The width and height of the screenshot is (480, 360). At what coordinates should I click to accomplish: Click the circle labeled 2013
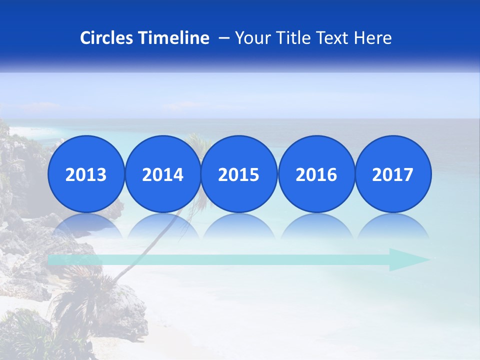click(x=86, y=174)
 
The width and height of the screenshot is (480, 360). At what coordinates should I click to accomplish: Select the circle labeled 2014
click(x=163, y=174)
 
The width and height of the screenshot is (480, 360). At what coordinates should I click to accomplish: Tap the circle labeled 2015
click(x=239, y=174)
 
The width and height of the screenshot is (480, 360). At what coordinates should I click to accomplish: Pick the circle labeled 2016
click(x=316, y=174)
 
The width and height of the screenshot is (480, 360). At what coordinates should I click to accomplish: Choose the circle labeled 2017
click(x=392, y=174)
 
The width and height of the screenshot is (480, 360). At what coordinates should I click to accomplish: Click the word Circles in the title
click(x=106, y=38)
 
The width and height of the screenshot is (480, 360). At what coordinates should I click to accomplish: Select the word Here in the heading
click(x=372, y=38)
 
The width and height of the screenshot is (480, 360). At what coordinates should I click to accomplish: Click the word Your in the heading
click(x=251, y=38)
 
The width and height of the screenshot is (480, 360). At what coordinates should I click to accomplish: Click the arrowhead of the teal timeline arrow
click(x=407, y=259)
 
